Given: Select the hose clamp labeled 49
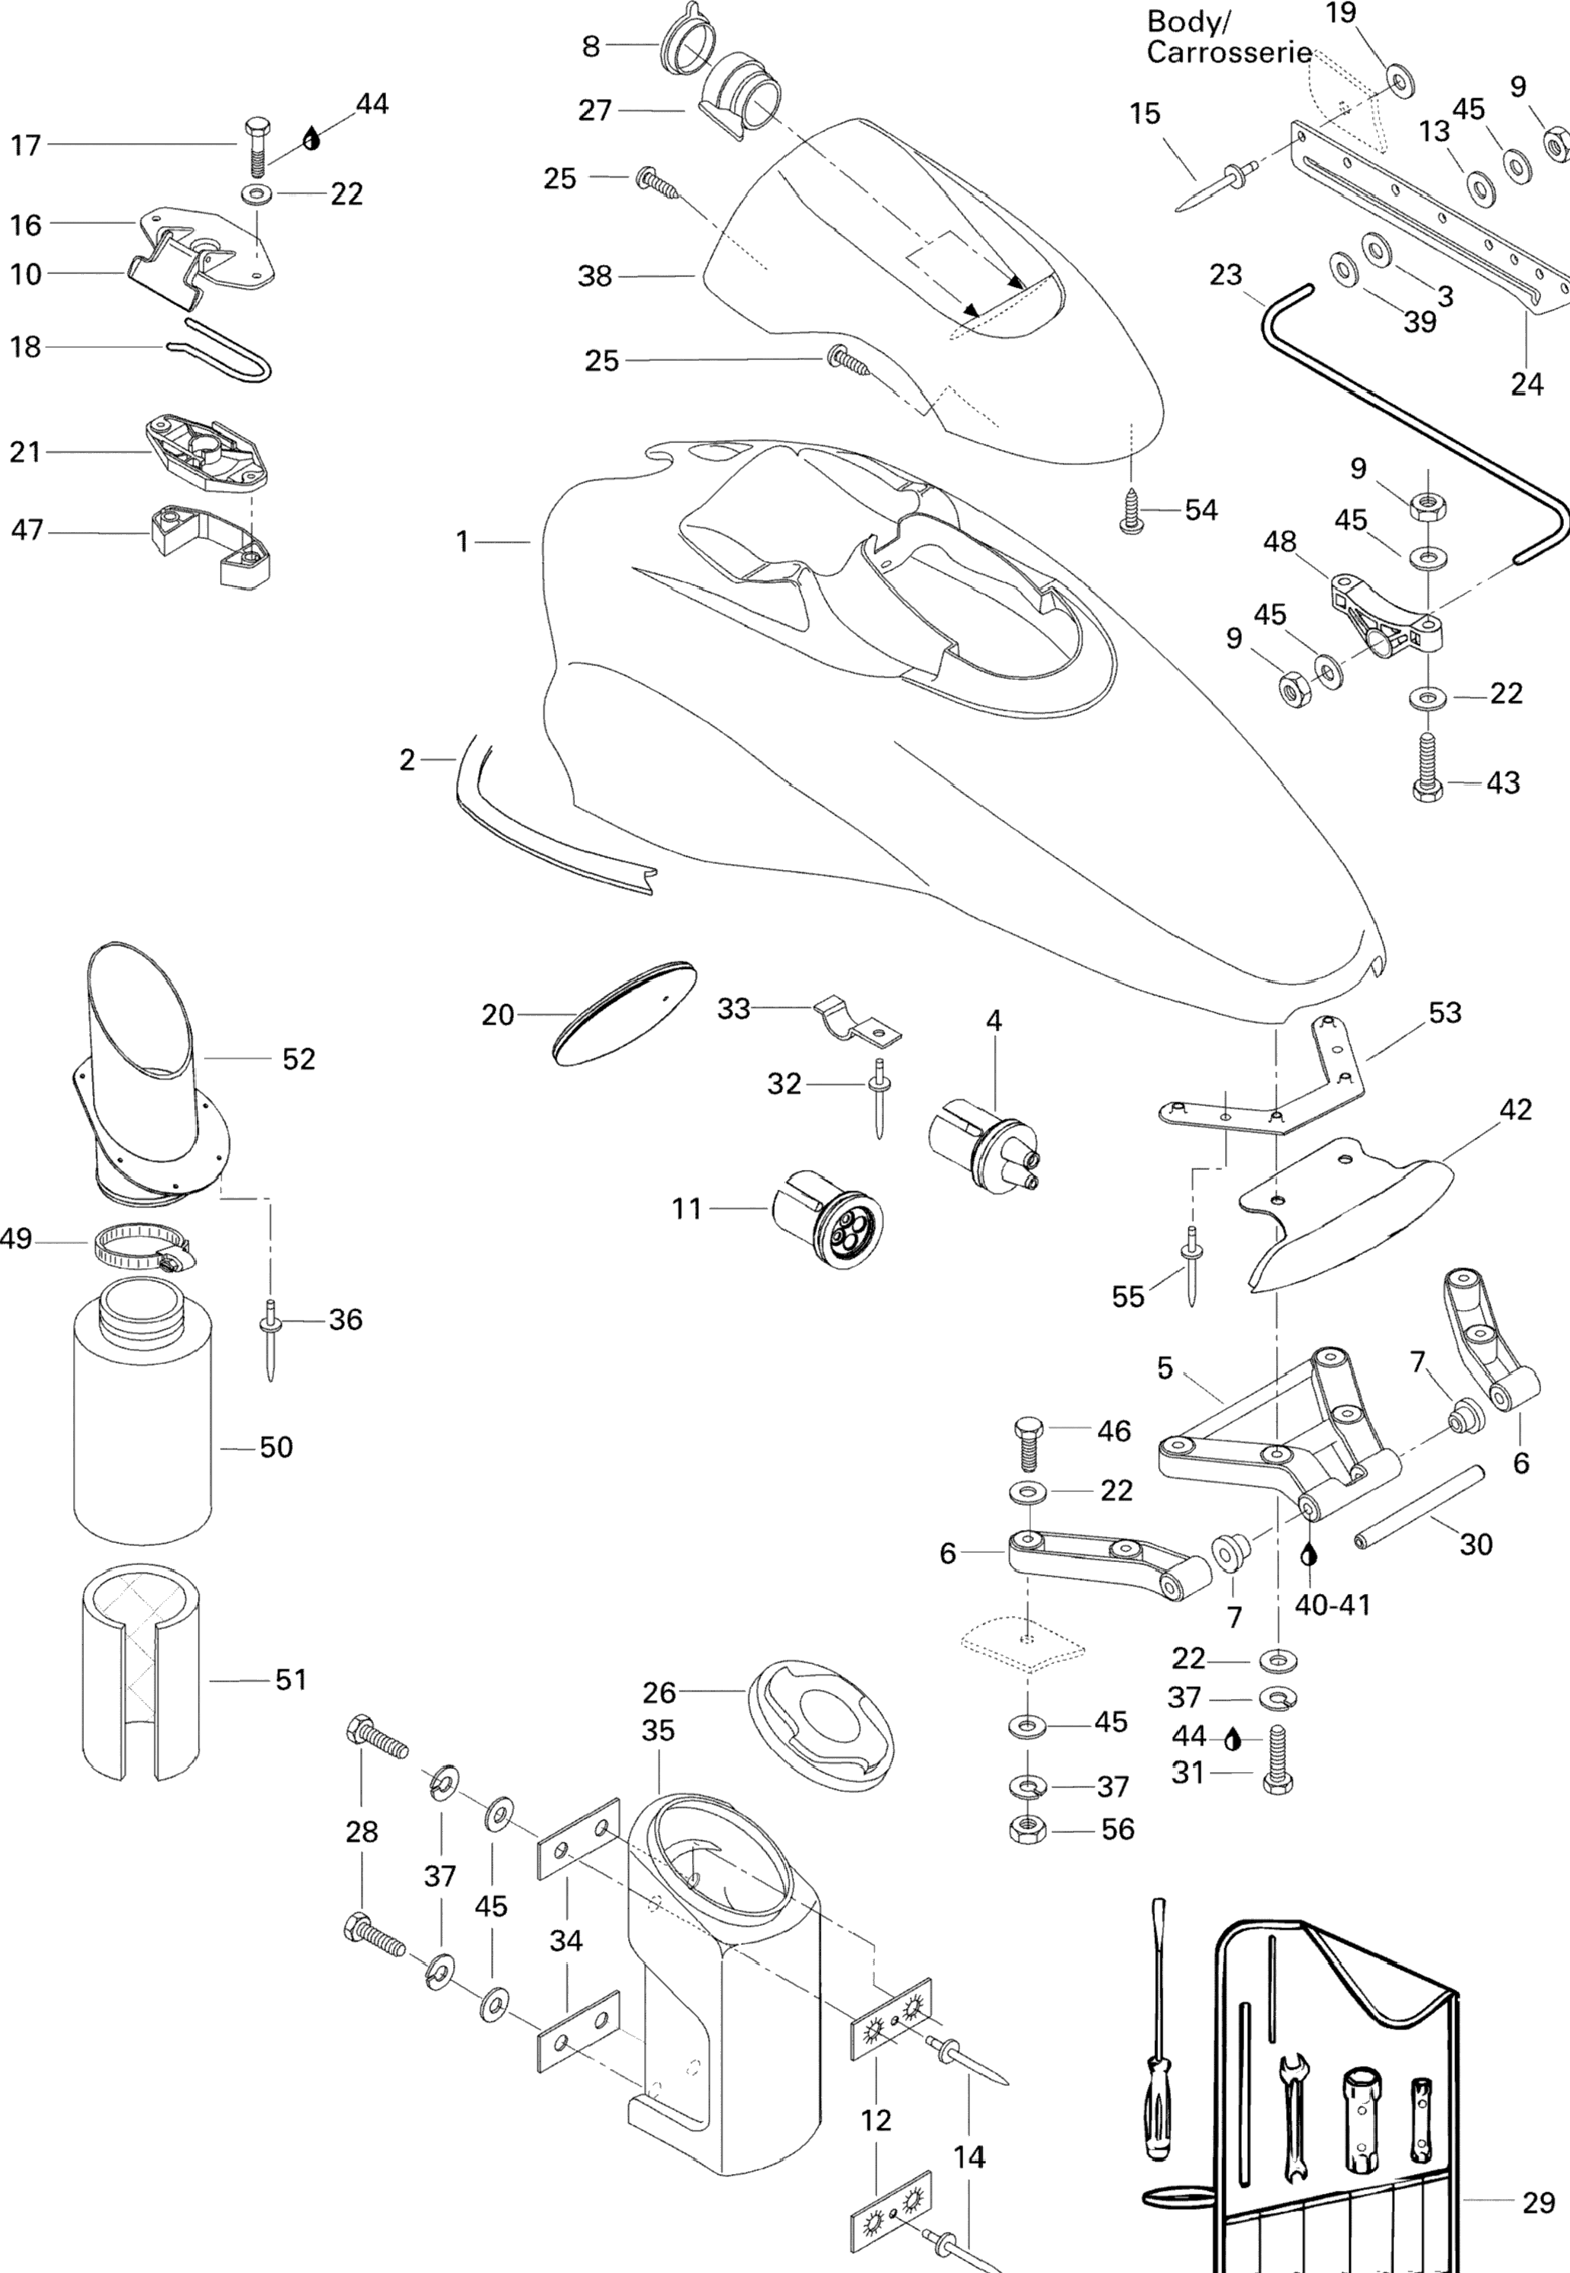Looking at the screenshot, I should coord(141,1246).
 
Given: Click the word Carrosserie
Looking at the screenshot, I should coord(1229,52).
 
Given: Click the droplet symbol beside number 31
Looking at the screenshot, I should coord(1233,1740).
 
